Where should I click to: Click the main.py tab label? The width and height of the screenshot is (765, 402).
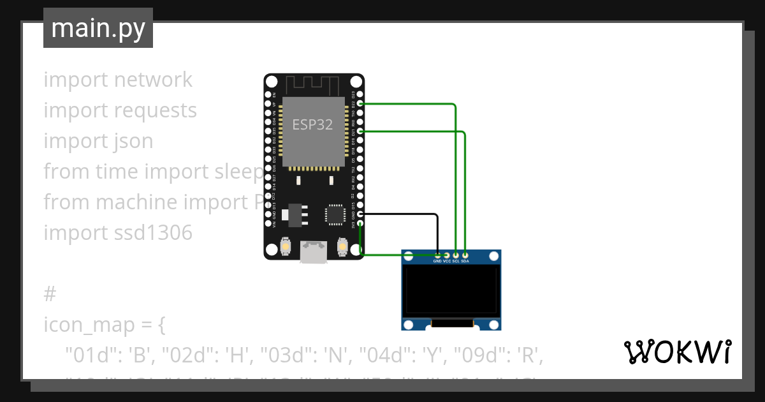click(98, 28)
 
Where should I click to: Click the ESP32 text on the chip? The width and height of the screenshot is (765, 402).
click(312, 125)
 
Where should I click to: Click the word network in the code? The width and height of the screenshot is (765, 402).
click(153, 80)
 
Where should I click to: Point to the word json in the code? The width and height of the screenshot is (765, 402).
click(132, 141)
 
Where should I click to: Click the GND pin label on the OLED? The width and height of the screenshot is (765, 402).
click(437, 261)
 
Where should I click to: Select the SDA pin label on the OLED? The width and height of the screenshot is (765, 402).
click(465, 261)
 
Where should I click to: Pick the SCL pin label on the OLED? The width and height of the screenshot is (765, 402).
click(456, 261)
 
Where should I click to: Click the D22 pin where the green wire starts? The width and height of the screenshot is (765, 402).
click(361, 103)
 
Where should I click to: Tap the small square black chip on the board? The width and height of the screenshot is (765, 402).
click(335, 214)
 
